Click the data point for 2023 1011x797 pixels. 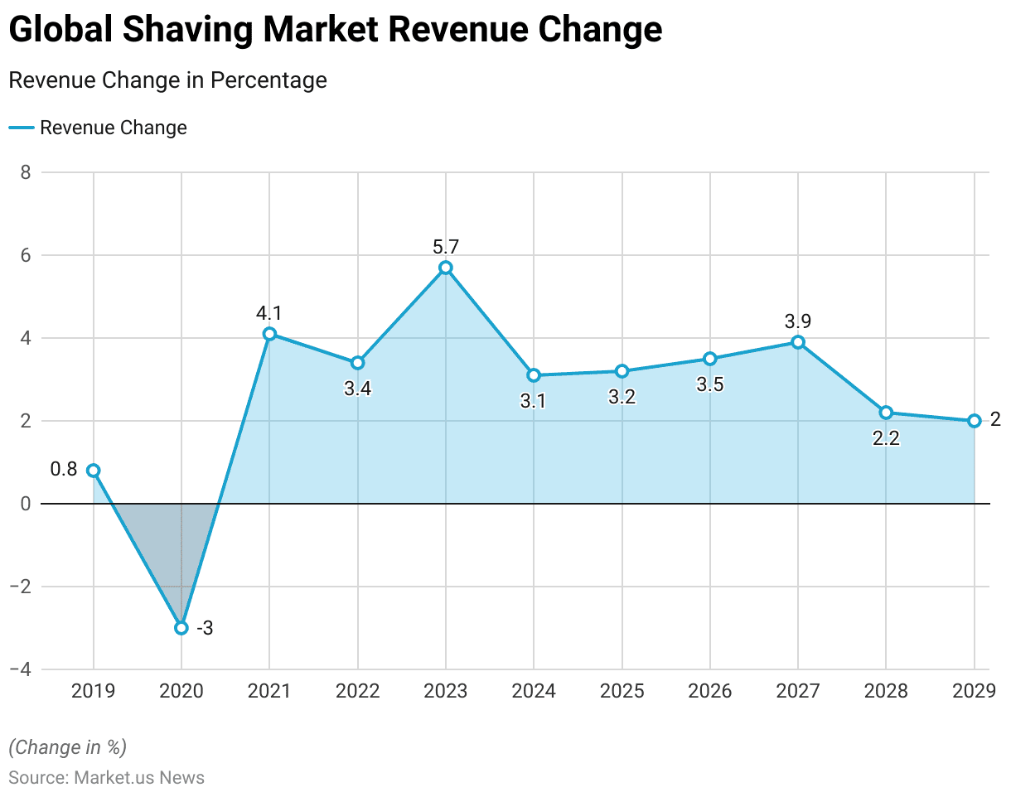446,268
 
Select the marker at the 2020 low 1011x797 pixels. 181,628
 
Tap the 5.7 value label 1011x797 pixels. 446,246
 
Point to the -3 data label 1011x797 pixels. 205,628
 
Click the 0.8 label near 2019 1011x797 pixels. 64,469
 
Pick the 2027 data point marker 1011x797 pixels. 798,342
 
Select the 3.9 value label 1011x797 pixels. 798,321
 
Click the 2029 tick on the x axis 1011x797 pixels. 974,691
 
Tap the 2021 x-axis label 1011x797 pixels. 269,691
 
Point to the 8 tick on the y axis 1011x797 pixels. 25,172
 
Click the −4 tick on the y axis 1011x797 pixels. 20,669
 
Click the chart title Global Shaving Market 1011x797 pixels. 336,31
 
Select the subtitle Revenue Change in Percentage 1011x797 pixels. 167,80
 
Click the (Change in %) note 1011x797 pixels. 67,746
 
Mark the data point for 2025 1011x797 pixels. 622,371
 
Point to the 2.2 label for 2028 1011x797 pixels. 886,438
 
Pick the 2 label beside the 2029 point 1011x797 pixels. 995,419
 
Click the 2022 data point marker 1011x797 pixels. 358,363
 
